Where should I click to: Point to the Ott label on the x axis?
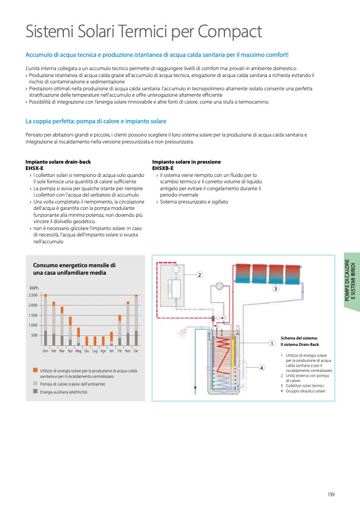click(120, 351)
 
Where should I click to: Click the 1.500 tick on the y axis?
click(32, 315)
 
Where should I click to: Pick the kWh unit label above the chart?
click(34, 287)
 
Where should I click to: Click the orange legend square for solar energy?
click(35, 369)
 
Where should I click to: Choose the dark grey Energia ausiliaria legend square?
click(35, 392)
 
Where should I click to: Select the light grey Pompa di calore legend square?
click(35, 383)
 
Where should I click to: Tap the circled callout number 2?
click(199, 275)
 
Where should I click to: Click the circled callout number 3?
click(275, 289)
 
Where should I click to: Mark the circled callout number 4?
click(262, 367)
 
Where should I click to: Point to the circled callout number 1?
click(271, 343)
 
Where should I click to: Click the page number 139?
click(331, 495)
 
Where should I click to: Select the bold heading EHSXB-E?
click(164, 168)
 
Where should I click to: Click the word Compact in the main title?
click(230, 31)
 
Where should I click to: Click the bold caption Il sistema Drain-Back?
click(300, 344)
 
